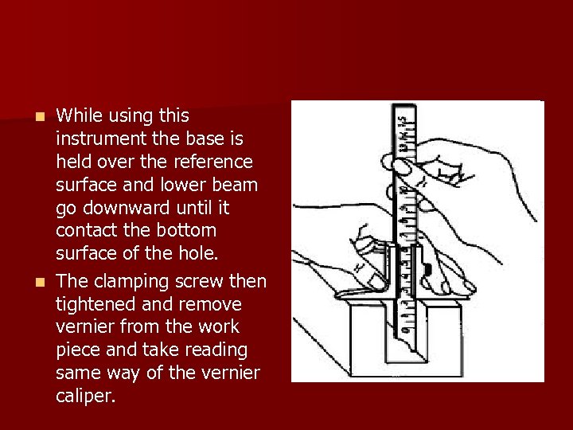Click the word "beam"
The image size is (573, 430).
pos(236,186)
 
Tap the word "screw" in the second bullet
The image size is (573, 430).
pos(205,282)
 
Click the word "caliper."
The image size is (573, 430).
pos(86,397)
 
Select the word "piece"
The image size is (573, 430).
pos(77,350)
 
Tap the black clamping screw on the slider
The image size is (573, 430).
pos(427,270)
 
